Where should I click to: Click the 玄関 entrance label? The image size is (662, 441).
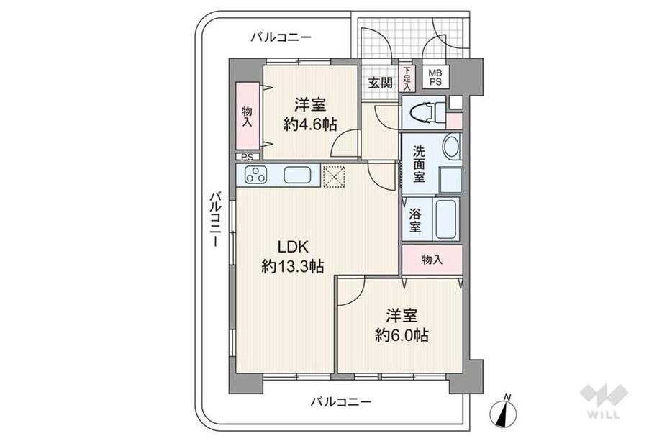(381, 82)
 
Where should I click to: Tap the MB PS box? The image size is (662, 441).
(437, 78)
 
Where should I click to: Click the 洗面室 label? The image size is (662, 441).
(420, 165)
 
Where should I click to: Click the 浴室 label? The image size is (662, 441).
(416, 221)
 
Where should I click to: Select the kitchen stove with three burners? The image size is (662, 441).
(255, 175)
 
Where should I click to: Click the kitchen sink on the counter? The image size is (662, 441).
(296, 175)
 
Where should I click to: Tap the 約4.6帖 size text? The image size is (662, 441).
(310, 124)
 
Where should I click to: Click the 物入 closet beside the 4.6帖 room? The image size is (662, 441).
(247, 117)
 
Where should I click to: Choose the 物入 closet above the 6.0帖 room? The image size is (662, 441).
(432, 260)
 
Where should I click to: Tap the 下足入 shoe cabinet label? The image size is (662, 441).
(408, 78)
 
